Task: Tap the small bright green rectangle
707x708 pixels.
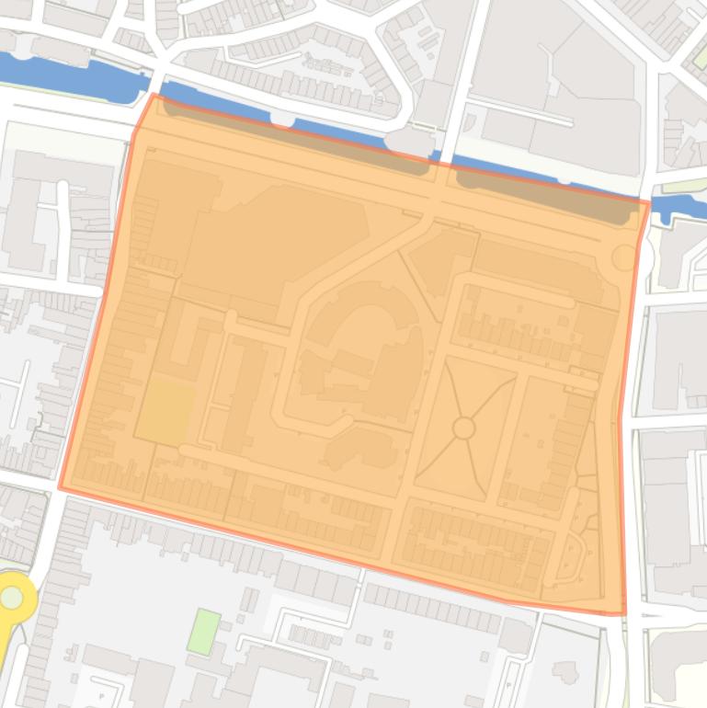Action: pos(204,632)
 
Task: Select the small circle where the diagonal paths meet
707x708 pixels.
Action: pos(463,428)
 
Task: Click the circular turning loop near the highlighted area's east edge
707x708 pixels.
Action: pos(624,257)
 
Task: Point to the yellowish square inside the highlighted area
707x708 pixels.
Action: pos(166,413)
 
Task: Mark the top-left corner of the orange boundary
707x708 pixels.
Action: pos(153,95)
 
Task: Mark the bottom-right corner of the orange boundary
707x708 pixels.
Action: pos(625,613)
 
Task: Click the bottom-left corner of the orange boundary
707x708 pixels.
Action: pos(61,488)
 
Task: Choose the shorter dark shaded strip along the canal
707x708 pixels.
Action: pos(547,195)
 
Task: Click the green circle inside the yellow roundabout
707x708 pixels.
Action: pos(12,598)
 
